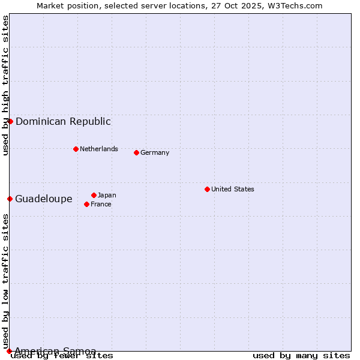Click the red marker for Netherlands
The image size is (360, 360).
76,149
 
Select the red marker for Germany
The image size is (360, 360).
136,152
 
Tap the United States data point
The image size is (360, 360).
207,189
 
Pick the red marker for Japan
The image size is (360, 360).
94,195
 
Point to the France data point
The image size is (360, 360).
86,204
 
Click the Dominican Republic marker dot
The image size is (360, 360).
10,121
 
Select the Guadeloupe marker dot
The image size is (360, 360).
10,199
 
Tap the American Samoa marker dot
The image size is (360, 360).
9,351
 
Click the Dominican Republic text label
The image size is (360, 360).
63,121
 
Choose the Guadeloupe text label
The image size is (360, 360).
44,199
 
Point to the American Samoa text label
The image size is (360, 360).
55,351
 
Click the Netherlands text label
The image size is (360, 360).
99,149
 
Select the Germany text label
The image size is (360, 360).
155,152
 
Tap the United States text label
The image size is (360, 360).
233,189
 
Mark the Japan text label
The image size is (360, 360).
107,195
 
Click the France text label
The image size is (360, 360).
101,204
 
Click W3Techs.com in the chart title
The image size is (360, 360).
296,5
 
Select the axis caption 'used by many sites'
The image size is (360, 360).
301,355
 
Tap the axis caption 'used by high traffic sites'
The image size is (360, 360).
5,85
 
